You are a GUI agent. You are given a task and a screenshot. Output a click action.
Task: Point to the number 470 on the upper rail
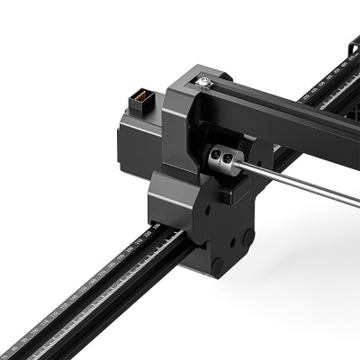[x=350, y=58]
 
